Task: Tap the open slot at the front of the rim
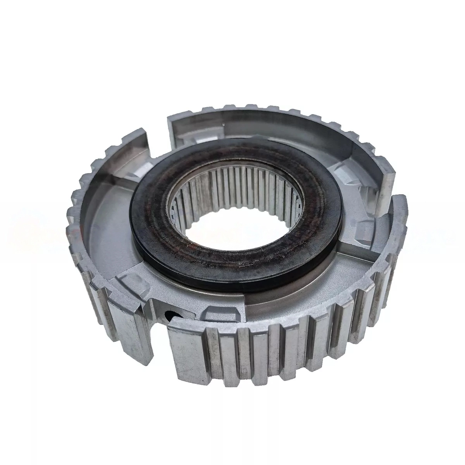click(x=157, y=333)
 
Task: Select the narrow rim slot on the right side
click(x=391, y=194)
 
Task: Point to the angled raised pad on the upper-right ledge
click(x=345, y=170)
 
